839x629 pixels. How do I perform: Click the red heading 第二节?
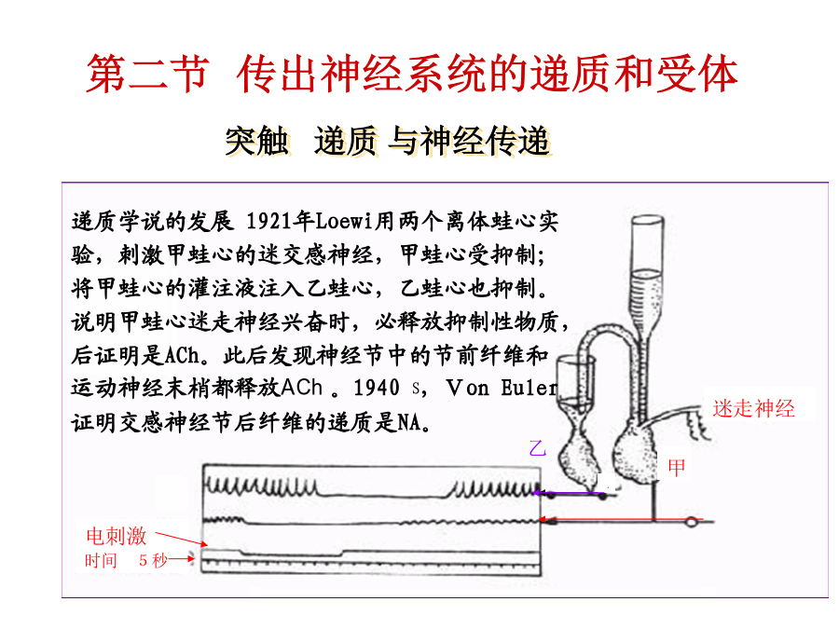(147, 74)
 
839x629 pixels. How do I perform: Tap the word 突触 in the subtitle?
(257, 142)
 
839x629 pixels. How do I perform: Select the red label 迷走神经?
(753, 409)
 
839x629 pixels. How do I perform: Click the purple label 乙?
(538, 447)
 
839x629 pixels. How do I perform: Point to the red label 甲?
(677, 468)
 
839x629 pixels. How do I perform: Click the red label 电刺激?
(117, 536)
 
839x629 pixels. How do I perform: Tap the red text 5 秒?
(153, 560)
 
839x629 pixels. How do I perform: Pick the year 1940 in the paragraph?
(377, 388)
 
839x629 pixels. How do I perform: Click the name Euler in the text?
(529, 388)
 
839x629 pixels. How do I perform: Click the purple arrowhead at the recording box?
(541, 493)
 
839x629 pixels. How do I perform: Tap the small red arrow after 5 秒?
(182, 559)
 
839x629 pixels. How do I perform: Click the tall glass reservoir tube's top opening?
(648, 219)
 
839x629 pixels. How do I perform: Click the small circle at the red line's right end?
(692, 521)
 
